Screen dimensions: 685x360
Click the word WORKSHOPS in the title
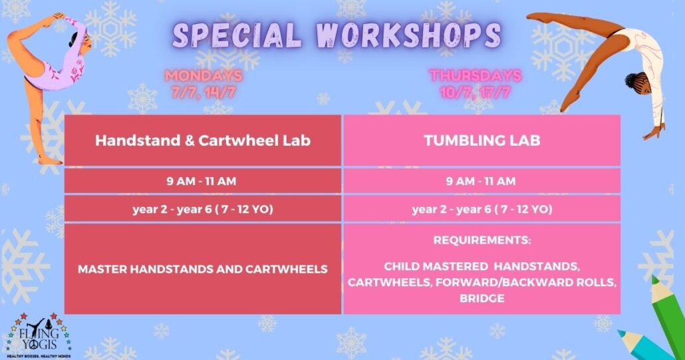409,35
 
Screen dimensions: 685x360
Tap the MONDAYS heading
204,76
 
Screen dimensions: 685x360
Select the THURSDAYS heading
476,76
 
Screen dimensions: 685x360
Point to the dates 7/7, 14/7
204,92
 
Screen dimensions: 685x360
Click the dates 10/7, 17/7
476,92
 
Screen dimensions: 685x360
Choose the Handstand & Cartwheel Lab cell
203,140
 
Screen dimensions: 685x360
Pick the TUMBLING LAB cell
482,140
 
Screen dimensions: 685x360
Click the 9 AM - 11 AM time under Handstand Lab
202,181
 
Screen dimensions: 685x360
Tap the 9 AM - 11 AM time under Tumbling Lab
481,181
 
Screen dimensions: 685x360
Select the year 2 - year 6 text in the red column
203,209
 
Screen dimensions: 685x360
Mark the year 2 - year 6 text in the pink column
482,209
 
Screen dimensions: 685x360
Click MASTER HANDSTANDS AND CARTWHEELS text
203,269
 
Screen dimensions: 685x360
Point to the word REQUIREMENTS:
482,240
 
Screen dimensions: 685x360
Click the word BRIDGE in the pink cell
482,298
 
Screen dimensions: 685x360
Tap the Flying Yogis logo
39,335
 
